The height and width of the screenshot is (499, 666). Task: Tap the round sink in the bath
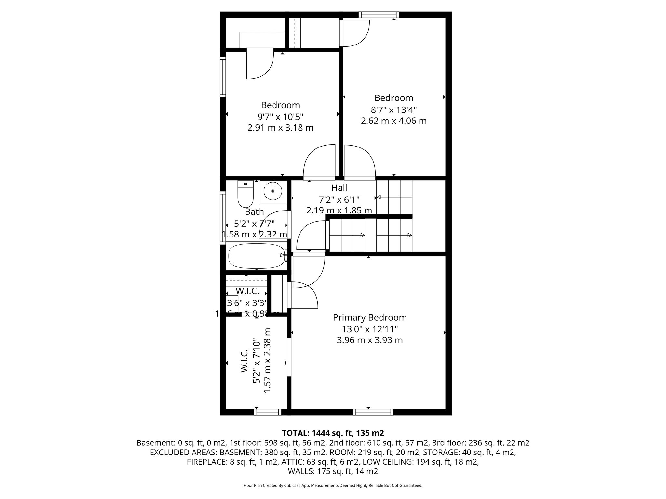coord(273,191)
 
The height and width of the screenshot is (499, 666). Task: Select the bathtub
coord(257,256)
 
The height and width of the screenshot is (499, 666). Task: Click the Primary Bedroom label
coord(370,317)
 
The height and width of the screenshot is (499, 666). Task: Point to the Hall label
coord(339,188)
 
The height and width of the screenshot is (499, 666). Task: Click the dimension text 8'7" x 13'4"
coord(393,109)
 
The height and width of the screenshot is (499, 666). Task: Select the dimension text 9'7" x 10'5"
coord(280,117)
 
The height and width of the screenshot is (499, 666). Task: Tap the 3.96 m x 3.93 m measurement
coord(370,340)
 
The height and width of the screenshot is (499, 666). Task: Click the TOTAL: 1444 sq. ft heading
coord(333,433)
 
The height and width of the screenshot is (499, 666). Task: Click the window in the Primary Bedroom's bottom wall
coord(373,412)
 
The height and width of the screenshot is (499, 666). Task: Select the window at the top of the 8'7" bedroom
coord(379,15)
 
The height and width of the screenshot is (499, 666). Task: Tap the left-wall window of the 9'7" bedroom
coord(223,77)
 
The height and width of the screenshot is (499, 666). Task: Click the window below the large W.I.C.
coord(268,412)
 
